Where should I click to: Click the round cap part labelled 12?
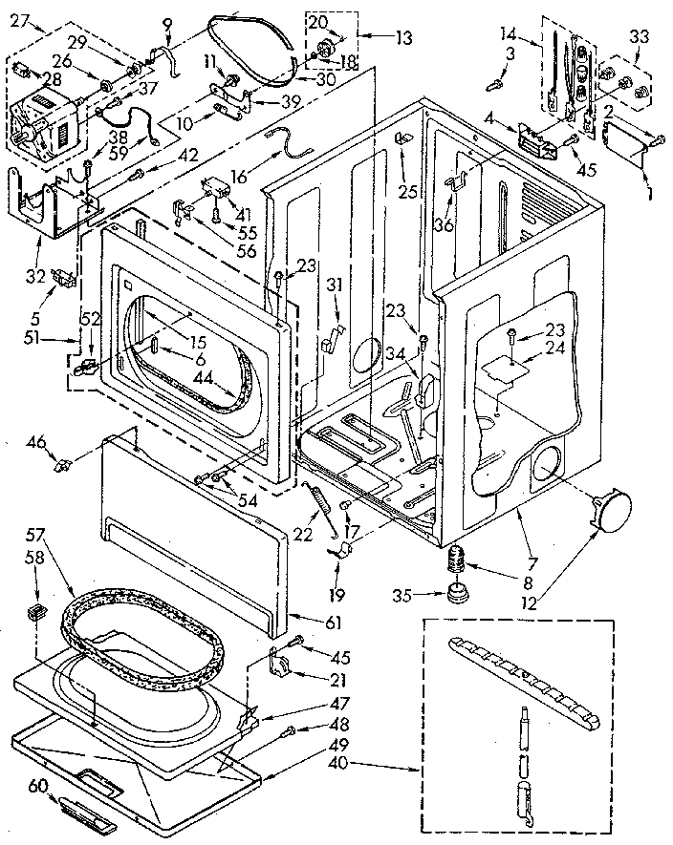pyautogui.click(x=607, y=508)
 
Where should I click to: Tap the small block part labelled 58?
pyautogui.click(x=36, y=612)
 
